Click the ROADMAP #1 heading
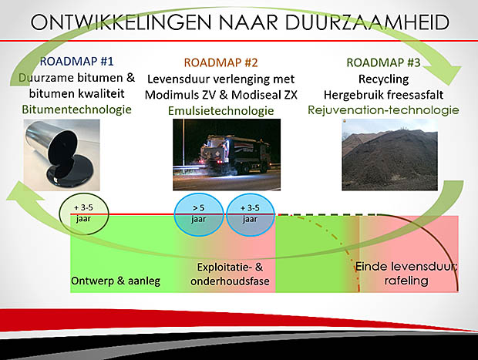77,61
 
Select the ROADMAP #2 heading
221,62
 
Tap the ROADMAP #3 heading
383,62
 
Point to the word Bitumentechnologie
77,109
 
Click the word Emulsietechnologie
221,110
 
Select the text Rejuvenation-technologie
383,110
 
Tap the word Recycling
383,79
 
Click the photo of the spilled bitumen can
62,155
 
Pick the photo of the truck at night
227,154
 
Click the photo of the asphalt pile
389,154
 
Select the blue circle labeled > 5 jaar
199,214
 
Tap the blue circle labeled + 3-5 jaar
251,214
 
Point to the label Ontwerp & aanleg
116,281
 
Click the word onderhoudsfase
230,281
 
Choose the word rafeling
406,281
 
